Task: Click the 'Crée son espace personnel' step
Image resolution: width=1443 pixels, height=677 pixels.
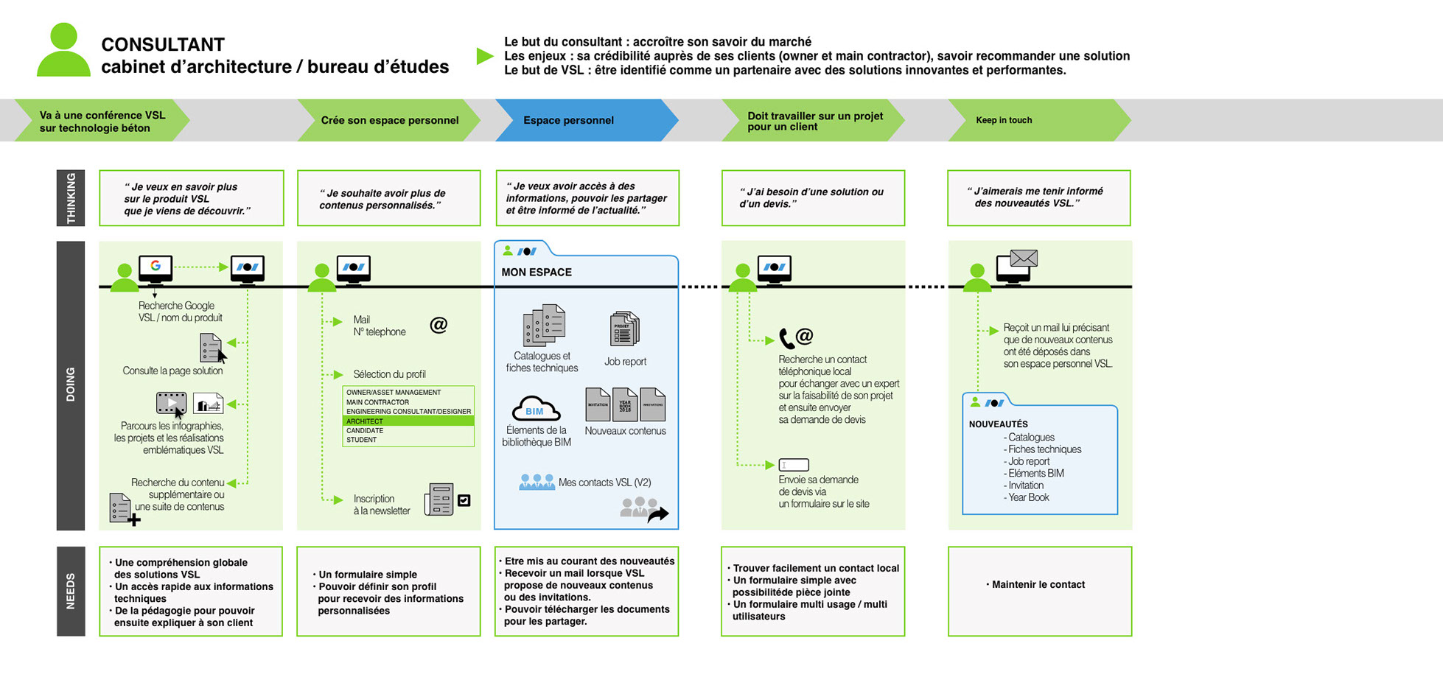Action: [389, 120]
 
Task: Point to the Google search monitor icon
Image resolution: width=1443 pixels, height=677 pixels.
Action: [156, 267]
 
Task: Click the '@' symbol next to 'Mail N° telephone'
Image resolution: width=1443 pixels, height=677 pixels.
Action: [439, 325]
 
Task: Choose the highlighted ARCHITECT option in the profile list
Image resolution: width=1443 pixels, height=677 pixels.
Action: [408, 421]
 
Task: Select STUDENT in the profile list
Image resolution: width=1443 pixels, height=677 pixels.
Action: [362, 440]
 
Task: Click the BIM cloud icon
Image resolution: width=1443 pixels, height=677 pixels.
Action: [536, 410]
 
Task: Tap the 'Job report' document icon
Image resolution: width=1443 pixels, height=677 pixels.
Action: [624, 329]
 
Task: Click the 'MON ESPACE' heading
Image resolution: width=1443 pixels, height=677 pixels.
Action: [537, 272]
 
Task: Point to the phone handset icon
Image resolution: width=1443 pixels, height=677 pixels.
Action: [786, 339]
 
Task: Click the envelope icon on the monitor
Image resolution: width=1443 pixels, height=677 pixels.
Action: [1024, 258]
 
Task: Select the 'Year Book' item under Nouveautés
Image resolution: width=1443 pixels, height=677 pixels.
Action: [1029, 497]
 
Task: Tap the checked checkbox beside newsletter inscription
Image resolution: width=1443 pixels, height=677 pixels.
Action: [464, 500]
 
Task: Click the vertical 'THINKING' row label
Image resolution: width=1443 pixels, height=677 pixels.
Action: [71, 197]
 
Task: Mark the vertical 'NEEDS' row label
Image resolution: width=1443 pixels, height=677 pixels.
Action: [71, 591]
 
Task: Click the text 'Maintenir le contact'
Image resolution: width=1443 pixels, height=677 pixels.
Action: [1038, 584]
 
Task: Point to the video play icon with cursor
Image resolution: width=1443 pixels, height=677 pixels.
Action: [171, 403]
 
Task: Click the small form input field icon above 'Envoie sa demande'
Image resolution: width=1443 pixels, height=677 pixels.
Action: [794, 465]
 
